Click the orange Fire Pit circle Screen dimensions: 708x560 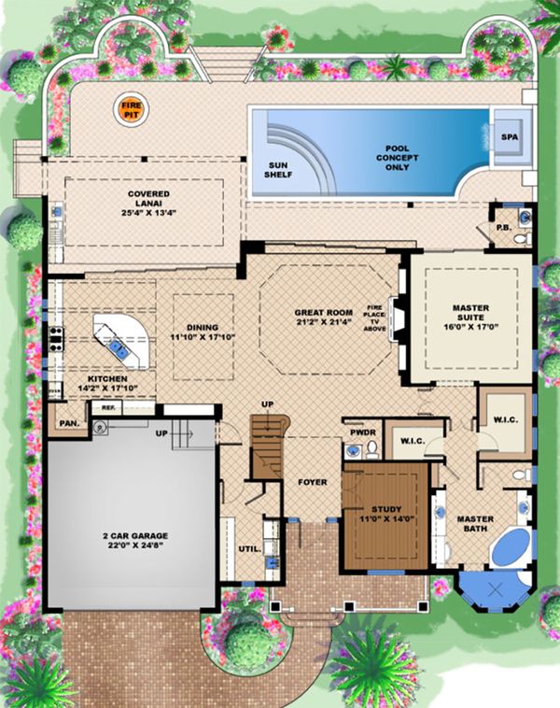[129, 110]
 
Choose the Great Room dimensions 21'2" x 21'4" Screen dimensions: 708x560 [321, 323]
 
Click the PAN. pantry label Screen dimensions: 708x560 [69, 423]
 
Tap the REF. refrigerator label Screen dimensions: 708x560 [108, 408]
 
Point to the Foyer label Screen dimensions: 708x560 [311, 483]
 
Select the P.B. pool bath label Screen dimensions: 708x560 [501, 226]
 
